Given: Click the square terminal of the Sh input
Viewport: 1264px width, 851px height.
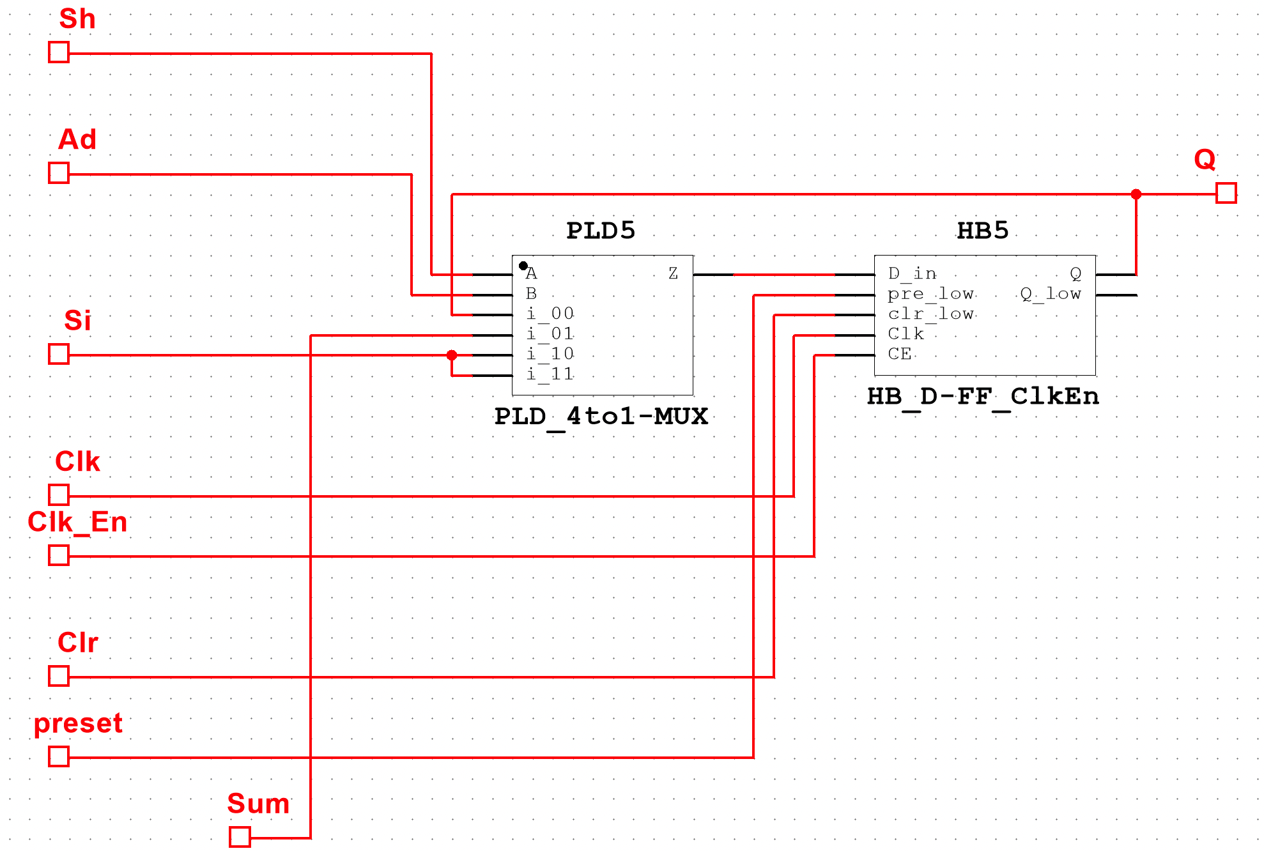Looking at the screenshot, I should (x=59, y=52).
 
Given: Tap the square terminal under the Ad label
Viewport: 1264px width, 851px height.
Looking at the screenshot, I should (x=59, y=172).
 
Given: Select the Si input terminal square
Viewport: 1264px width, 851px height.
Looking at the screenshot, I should (x=59, y=354).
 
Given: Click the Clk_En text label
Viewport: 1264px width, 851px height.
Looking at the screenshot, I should (x=77, y=523).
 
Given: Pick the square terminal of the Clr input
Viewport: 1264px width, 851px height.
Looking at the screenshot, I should (x=59, y=676).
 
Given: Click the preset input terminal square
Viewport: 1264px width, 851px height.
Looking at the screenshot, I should (x=59, y=756).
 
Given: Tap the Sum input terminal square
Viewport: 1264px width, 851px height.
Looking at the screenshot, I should (x=240, y=837).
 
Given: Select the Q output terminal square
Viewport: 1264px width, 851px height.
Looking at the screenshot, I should (x=1226, y=193).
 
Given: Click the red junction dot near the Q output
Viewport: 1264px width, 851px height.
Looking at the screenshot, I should (x=1136, y=194).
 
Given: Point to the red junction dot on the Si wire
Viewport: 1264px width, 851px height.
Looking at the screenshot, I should (x=452, y=355).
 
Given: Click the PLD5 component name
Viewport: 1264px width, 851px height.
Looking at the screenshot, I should (x=601, y=231).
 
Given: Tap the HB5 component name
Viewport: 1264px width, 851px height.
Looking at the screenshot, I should (x=982, y=231).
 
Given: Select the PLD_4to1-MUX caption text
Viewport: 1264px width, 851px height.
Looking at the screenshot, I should (x=601, y=417).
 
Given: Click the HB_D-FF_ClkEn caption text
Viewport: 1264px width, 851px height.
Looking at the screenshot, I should (x=982, y=397).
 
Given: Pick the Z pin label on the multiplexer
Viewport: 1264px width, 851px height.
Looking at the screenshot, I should (x=673, y=274).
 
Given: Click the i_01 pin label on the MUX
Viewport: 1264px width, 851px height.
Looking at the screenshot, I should (x=550, y=334).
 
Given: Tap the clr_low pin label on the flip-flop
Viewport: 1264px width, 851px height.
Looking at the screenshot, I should (x=930, y=314).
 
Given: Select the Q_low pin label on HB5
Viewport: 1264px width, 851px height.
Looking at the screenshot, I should (x=1050, y=294).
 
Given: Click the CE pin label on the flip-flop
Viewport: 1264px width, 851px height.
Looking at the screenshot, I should (x=899, y=354).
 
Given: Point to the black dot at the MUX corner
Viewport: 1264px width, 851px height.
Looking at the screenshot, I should (x=523, y=266).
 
